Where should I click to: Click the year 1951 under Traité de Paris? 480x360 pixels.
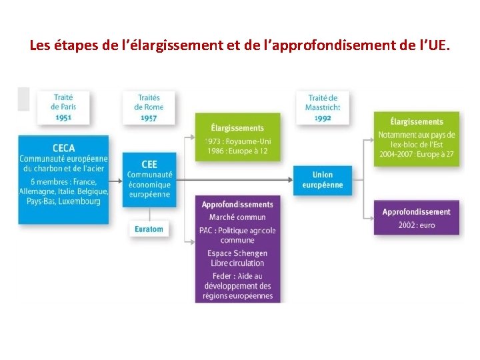[63, 117]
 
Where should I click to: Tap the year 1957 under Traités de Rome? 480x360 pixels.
[149, 117]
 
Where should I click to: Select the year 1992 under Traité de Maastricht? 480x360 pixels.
[322, 117]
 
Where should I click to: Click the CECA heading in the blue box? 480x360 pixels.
[63, 148]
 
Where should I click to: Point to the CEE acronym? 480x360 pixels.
[149, 164]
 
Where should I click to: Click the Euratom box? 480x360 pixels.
[149, 228]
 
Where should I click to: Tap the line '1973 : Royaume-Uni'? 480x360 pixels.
[237, 141]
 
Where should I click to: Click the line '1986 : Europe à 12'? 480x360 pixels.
[237, 151]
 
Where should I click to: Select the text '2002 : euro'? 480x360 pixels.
[416, 225]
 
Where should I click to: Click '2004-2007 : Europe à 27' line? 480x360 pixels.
[416, 154]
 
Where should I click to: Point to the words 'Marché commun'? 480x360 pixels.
[237, 217]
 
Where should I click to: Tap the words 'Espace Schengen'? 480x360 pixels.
[237, 253]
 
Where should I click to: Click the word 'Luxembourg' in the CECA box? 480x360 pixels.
[79, 201]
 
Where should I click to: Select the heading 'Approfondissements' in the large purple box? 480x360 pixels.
[237, 205]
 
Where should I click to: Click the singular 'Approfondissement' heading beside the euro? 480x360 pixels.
[416, 212]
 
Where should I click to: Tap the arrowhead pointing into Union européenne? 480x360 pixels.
[291, 179]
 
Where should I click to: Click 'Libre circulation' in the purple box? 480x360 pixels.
[237, 263]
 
